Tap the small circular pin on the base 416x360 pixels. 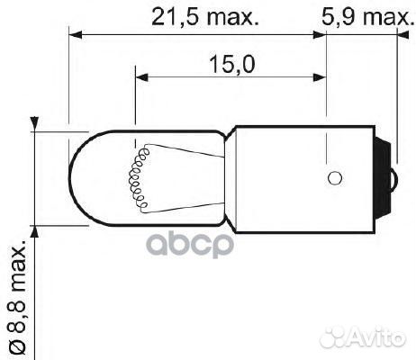[x=334, y=176]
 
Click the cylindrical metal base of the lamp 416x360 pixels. [x=297, y=176]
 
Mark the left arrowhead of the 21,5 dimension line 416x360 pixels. [x=77, y=36]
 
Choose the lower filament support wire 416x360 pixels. [x=180, y=205]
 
